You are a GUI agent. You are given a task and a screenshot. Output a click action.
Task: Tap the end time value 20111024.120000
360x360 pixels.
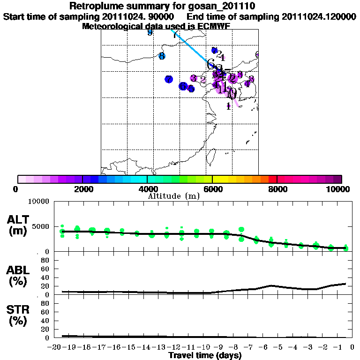(x=319, y=16)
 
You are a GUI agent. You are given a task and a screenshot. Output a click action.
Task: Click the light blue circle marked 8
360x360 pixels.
(x=162, y=56)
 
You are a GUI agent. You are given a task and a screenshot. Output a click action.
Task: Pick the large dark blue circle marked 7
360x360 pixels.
(x=169, y=79)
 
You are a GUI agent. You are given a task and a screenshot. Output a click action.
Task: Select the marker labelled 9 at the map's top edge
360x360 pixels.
(x=150, y=32)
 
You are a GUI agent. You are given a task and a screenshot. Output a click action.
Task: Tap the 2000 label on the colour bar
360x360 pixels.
(x=82, y=189)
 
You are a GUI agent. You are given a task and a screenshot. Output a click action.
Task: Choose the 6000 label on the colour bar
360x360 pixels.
(x=212, y=189)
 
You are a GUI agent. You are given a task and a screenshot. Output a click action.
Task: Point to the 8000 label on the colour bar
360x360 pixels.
(x=277, y=189)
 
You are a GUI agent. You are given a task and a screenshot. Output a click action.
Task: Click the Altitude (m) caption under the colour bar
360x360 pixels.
(x=173, y=196)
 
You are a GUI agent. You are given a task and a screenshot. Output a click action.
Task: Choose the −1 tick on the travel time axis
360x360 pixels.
(x=337, y=348)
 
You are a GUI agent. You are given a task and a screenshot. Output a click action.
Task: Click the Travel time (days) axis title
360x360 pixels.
(x=205, y=356)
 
